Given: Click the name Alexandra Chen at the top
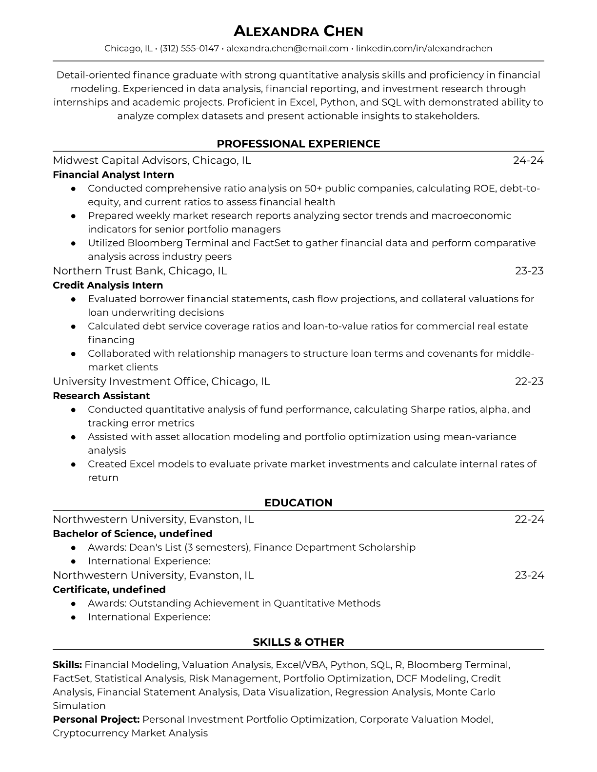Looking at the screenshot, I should click(298, 32).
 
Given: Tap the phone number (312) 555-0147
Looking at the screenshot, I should click(189, 48).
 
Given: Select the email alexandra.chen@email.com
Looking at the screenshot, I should click(287, 48).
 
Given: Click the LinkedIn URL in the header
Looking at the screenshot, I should click(424, 48).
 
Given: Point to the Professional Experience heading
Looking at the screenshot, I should click(298, 144).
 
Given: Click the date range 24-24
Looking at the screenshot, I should click(528, 160).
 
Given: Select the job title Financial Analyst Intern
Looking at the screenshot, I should click(113, 174).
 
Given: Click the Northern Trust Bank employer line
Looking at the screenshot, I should click(140, 270).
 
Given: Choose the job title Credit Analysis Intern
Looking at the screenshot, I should click(108, 285).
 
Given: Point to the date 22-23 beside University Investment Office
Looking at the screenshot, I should click(529, 381).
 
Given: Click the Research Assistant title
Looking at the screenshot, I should click(101, 396).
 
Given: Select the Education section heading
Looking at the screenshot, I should click(298, 503).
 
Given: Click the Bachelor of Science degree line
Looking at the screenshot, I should click(132, 534).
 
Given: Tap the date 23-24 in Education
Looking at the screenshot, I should click(529, 575).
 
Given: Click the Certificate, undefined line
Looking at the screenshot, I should click(109, 590).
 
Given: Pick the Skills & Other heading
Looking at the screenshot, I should click(298, 642).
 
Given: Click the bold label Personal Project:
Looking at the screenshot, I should click(96, 719).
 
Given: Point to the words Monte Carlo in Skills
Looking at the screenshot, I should click(465, 692).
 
